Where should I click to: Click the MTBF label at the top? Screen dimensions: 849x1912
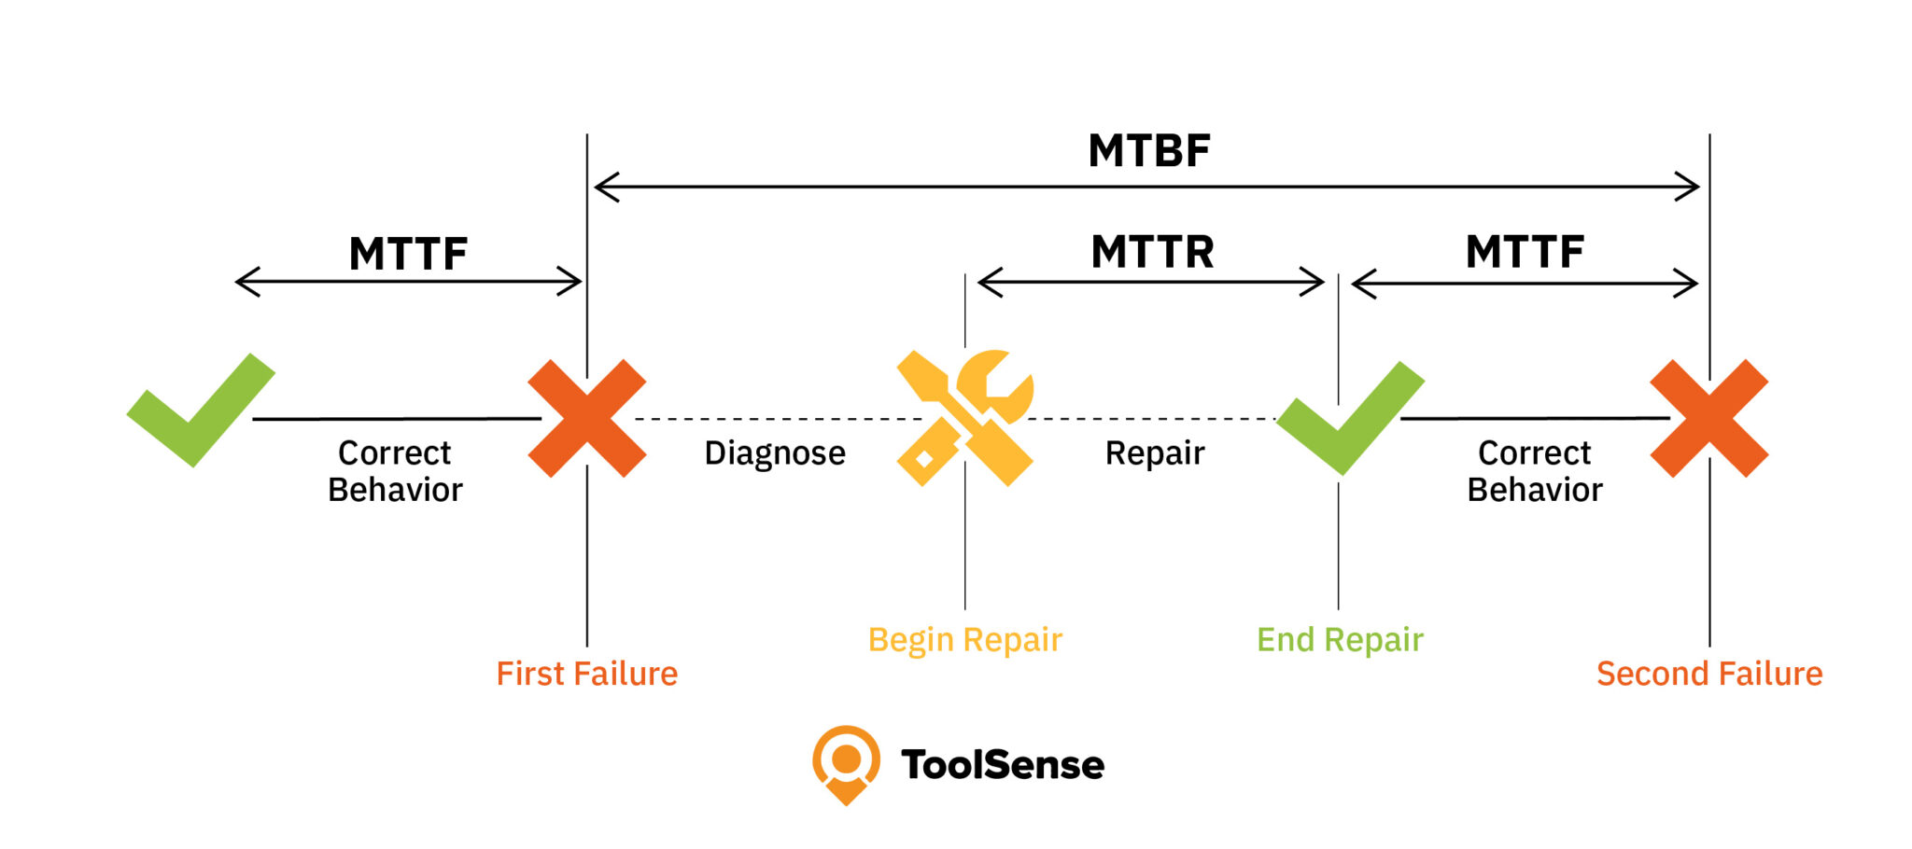[1149, 151]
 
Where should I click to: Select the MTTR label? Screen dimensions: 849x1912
[1152, 252]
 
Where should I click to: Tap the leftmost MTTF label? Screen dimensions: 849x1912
[408, 254]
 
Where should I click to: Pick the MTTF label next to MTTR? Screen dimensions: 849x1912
[1525, 252]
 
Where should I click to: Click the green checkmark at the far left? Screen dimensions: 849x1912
[200, 411]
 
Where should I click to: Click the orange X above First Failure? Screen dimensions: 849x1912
[586, 419]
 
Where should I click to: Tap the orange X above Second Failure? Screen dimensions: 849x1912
[1708, 419]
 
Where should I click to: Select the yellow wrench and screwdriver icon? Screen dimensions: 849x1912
[965, 418]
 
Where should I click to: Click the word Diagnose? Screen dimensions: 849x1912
[774, 453]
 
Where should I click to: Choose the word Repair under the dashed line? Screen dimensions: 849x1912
[1154, 453]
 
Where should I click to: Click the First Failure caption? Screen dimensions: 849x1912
[586, 674]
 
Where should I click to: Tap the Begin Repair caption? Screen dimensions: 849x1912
[964, 640]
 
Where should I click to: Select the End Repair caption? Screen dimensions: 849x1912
[1339, 640]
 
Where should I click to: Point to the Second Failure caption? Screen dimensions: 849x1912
[1708, 674]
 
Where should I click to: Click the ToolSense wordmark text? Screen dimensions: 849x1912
[1002, 765]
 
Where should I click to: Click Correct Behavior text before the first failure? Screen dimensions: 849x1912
[395, 471]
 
